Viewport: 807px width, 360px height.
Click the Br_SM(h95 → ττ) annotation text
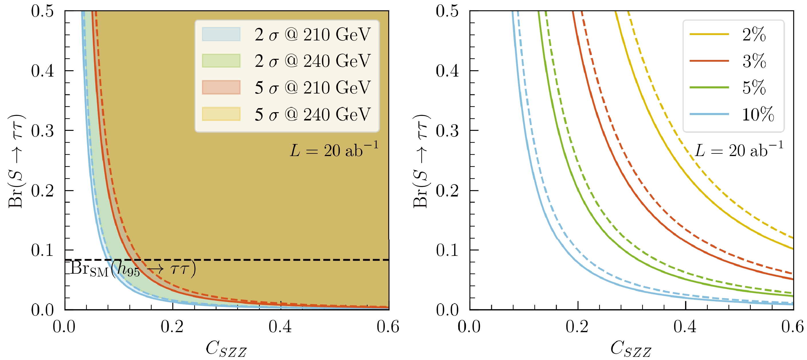click(x=133, y=269)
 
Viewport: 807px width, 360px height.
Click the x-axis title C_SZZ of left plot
click(x=226, y=349)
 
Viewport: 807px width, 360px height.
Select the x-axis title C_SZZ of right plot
click(x=631, y=349)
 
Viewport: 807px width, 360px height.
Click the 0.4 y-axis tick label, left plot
click(x=42, y=71)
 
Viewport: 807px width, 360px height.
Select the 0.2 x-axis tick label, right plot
click(x=577, y=327)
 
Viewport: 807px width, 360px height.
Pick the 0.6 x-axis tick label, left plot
click(x=388, y=327)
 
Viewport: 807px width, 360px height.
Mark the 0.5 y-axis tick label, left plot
click(x=42, y=11)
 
